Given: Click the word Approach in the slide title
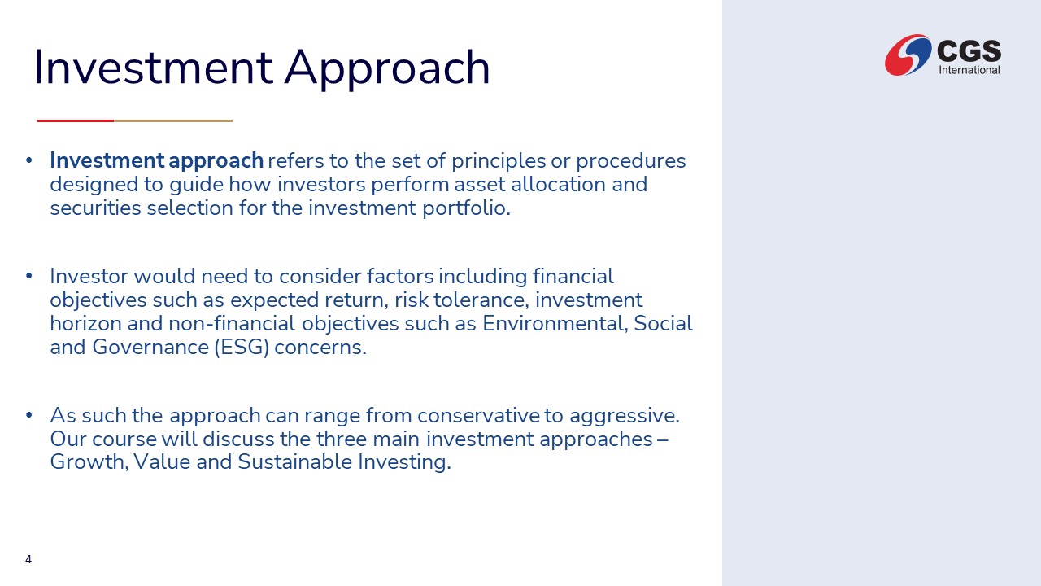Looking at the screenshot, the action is click(387, 68).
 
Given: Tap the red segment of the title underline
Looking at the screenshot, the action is click(76, 121).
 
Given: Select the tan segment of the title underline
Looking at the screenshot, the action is click(173, 121).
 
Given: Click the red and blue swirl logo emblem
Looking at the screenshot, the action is click(908, 55).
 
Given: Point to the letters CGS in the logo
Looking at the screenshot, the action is click(969, 50).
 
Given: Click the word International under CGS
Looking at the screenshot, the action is click(969, 70).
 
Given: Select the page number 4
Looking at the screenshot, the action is click(28, 559).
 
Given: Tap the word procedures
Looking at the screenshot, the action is click(630, 161).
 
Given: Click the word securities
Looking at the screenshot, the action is click(95, 208).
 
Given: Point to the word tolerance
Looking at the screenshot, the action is click(481, 300).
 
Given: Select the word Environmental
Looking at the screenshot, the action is click(555, 324).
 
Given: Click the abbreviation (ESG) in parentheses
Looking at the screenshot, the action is click(242, 348).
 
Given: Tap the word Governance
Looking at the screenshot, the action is click(150, 348).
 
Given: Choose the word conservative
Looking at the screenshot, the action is click(479, 415).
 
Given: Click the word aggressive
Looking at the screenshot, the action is click(625, 416).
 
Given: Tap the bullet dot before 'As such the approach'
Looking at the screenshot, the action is click(28, 415).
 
